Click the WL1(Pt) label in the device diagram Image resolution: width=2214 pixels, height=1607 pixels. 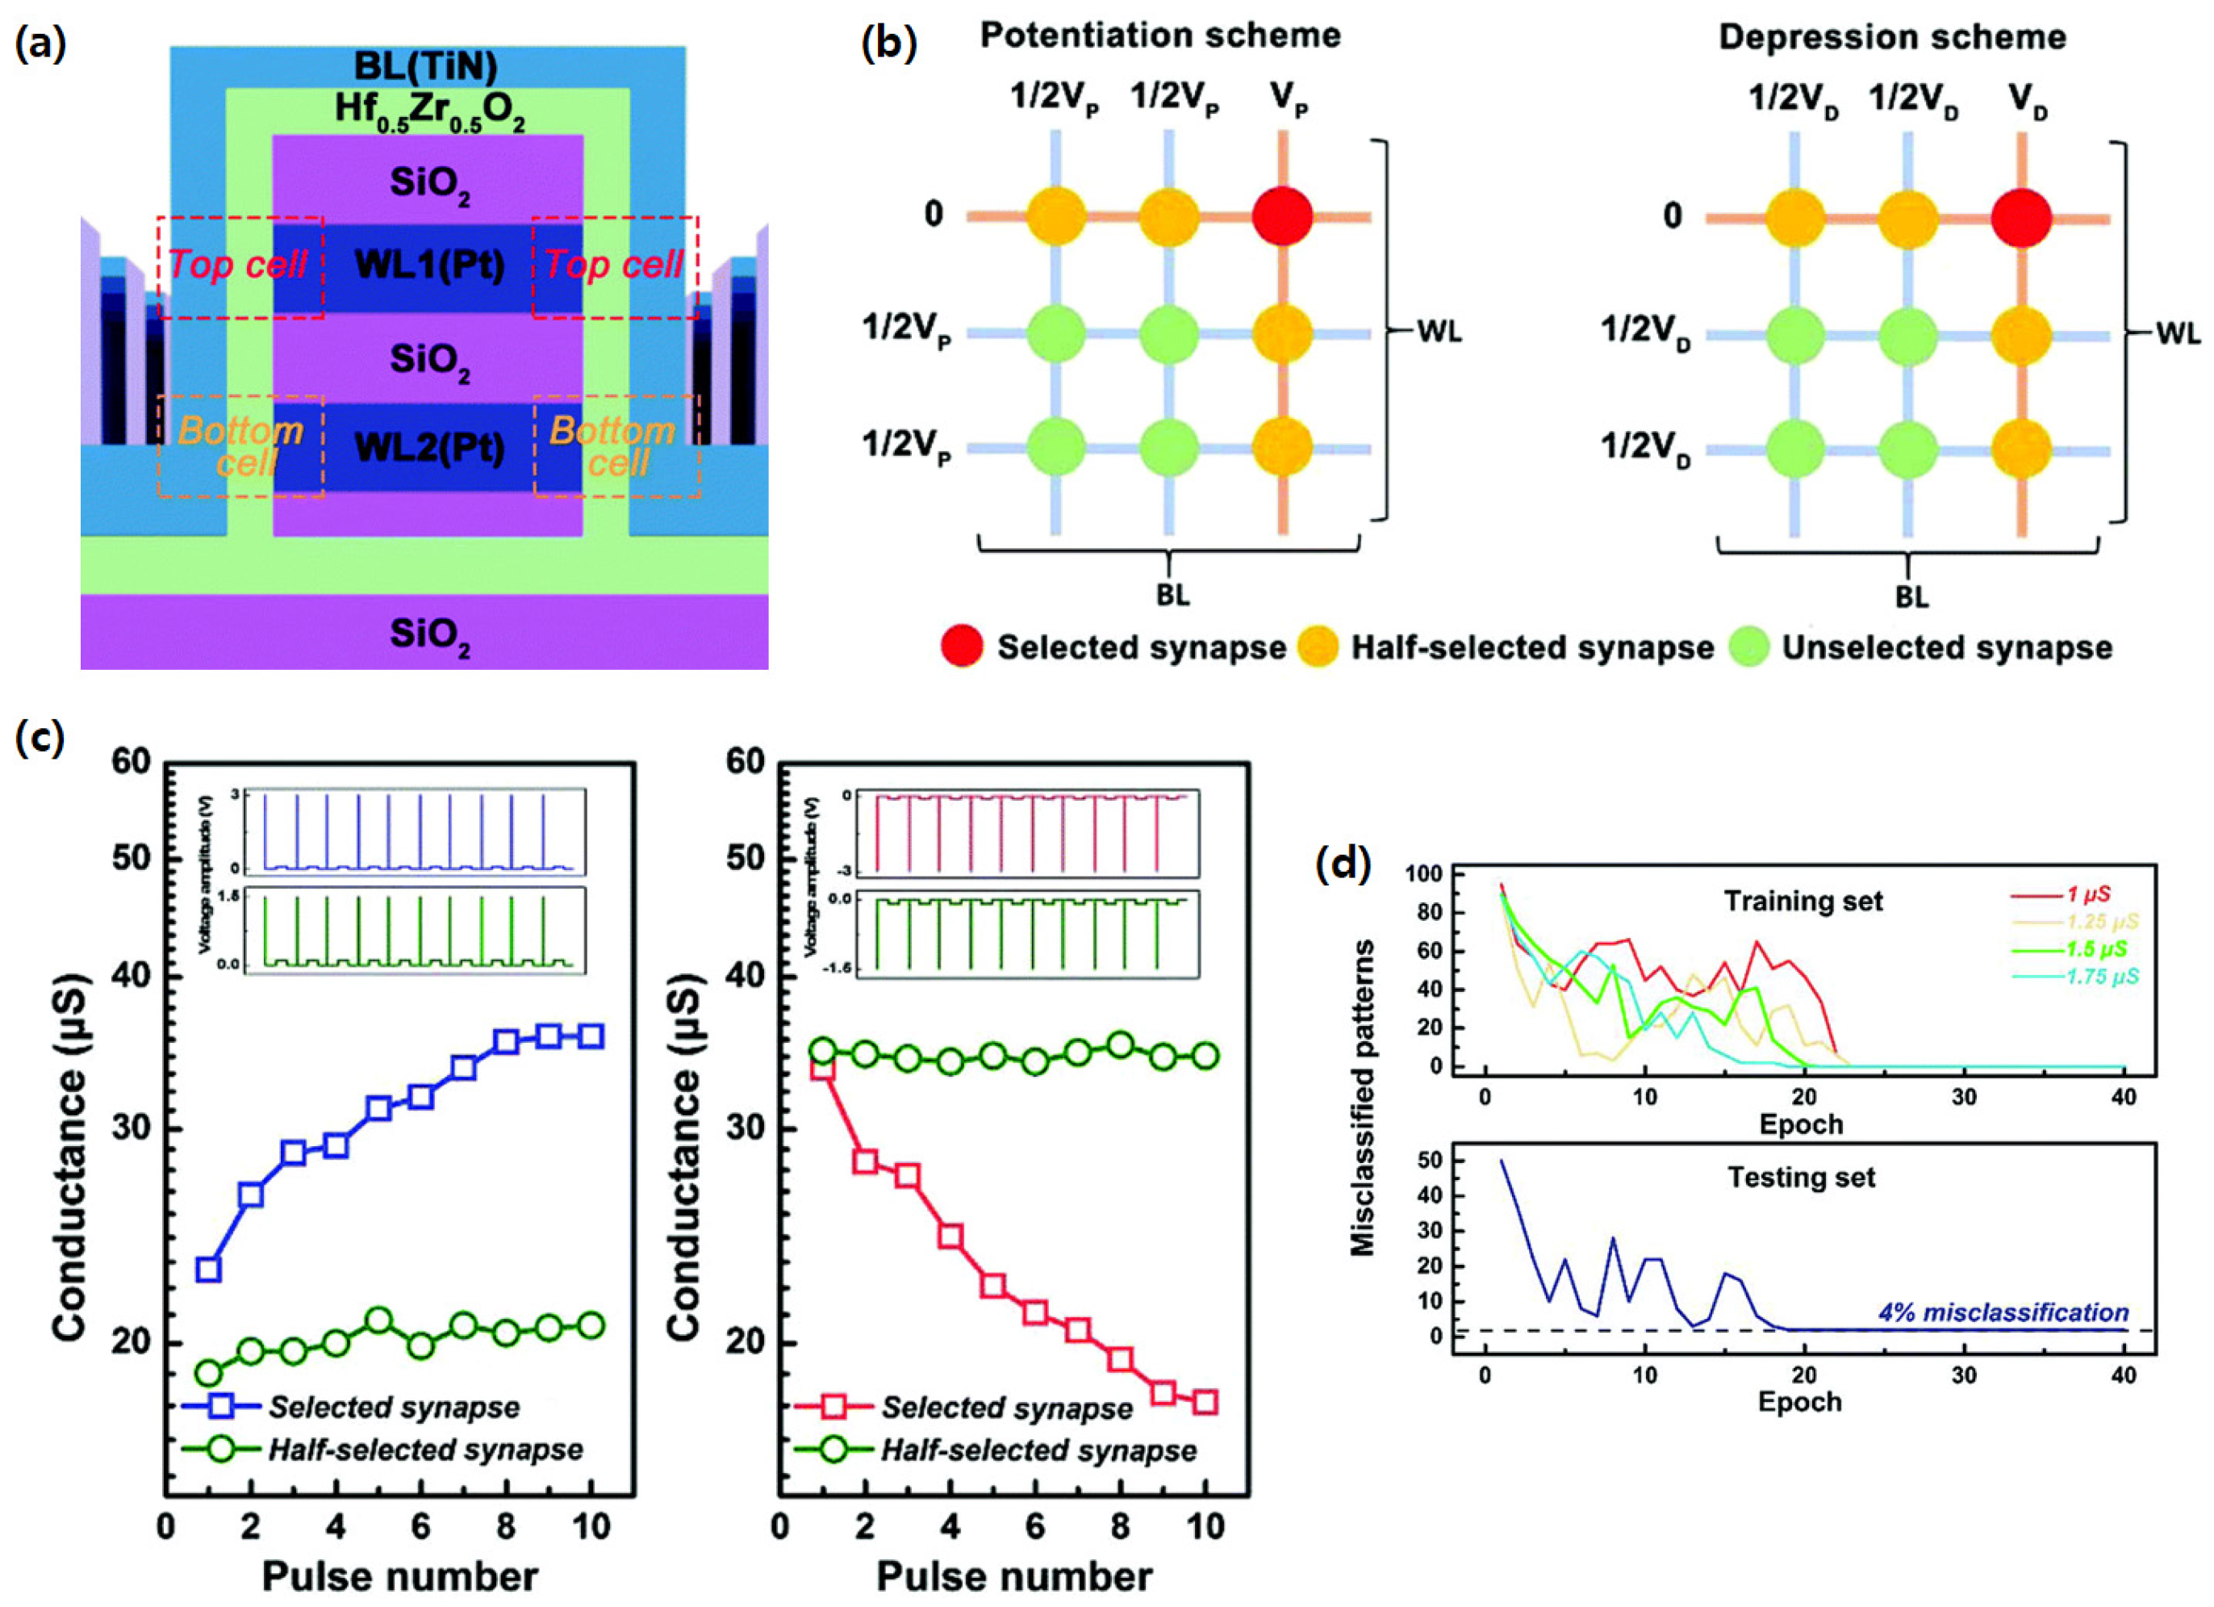428,266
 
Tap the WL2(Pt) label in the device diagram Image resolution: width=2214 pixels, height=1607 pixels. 428,448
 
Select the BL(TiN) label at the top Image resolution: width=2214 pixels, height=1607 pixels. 426,66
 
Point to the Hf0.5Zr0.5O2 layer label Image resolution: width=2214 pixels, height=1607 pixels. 428,111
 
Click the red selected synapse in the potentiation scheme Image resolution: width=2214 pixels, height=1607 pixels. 1282,216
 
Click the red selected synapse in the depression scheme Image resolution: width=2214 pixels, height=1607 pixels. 2020,216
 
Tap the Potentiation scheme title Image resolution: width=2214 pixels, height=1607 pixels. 1159,36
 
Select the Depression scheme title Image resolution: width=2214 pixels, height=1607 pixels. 1892,37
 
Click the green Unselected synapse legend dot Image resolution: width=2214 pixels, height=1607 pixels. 1749,647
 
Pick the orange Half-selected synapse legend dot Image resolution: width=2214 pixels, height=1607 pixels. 1318,647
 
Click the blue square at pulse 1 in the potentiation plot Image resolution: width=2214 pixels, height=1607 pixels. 208,1269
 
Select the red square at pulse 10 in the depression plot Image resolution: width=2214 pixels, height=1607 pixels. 1205,1403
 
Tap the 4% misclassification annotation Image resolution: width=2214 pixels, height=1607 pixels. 2003,1312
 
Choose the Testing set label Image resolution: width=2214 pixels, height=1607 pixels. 1801,1178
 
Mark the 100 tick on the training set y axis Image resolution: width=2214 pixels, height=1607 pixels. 1423,875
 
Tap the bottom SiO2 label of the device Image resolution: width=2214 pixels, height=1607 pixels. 428,635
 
